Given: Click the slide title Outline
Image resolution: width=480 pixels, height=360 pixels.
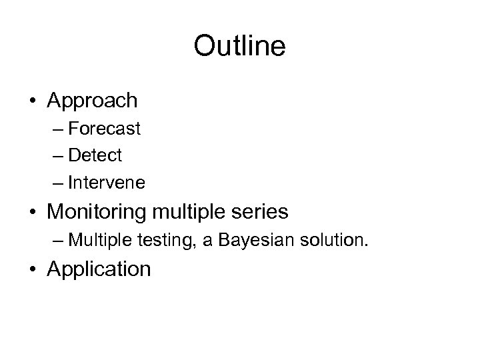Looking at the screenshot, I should [239, 46].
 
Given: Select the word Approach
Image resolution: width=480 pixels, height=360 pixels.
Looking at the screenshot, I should [93, 101].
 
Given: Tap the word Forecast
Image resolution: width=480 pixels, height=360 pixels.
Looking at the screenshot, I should [105, 129].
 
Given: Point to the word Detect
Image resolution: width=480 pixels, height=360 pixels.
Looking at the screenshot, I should [95, 155].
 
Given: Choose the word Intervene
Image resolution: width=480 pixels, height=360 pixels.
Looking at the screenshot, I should [107, 181].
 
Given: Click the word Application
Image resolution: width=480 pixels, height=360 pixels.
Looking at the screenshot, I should [99, 270].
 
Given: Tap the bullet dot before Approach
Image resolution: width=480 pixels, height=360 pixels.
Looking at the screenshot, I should [32, 101].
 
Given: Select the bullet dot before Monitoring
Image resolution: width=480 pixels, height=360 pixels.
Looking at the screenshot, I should [32, 213].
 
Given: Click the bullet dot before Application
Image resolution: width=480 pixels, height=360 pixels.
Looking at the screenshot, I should [32, 270].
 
